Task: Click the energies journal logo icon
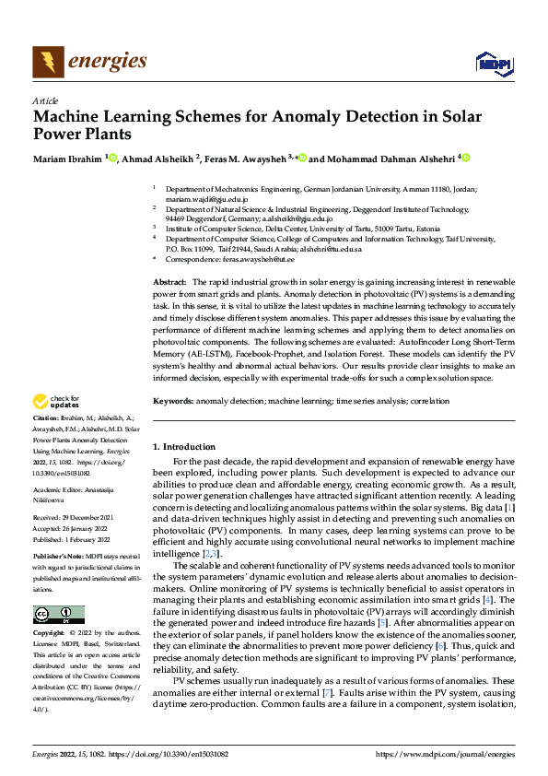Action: tap(47, 62)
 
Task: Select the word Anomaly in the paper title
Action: tap(312, 117)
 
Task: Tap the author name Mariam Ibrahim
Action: tap(68, 159)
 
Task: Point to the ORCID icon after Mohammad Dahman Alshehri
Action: tap(466, 159)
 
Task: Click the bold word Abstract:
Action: tap(169, 280)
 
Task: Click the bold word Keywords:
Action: tap(172, 401)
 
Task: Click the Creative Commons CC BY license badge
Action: tap(58, 615)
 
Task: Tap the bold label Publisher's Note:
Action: tap(58, 558)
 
